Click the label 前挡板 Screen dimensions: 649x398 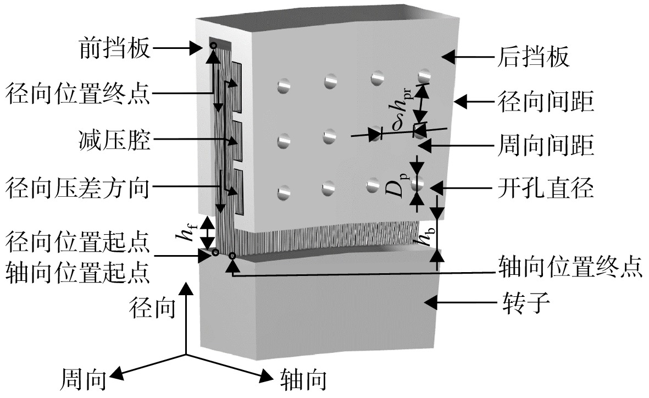[114, 48]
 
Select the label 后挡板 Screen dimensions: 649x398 [533, 56]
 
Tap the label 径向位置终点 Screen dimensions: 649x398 [77, 93]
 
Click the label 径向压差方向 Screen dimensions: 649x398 [77, 188]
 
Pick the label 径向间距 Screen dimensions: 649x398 [546, 102]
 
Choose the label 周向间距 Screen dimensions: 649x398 [546, 145]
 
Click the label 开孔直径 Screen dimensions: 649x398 [546, 189]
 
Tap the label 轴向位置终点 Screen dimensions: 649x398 [570, 266]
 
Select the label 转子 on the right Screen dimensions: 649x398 [526, 303]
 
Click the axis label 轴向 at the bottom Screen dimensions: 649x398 [303, 379]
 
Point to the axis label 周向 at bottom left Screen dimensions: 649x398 [84, 379]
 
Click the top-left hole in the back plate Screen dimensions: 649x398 [284, 86]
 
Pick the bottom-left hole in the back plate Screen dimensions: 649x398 [284, 192]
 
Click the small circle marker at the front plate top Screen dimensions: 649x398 [213, 45]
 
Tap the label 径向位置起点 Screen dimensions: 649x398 [77, 242]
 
